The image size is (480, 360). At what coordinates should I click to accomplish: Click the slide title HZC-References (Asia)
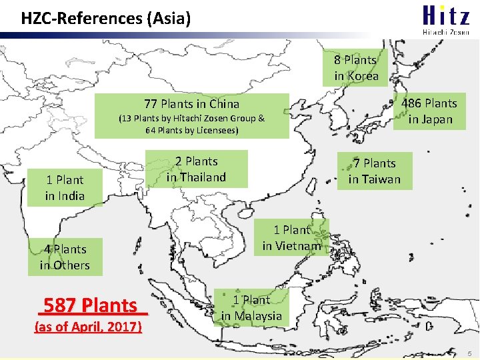point(106,18)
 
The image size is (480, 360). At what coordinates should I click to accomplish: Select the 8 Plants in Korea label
point(357,68)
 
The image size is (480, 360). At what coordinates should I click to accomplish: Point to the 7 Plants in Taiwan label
point(374,171)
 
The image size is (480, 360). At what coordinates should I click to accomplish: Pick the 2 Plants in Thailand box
point(197,169)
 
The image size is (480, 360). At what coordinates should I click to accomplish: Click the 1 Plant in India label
point(65,188)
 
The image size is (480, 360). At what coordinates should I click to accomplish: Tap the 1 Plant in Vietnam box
point(292,238)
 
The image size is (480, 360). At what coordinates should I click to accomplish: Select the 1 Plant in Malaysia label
point(252,308)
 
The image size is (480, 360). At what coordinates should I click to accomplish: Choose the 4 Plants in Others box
point(65,257)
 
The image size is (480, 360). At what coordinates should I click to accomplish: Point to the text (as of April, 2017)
point(87,327)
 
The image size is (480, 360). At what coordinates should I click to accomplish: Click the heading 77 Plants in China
point(191,103)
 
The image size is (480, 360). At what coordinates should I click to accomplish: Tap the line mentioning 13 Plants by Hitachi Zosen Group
point(191,119)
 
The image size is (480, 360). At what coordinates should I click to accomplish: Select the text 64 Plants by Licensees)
point(191,130)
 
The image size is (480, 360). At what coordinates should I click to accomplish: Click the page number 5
point(469,352)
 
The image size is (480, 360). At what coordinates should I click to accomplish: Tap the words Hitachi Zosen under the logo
point(445,31)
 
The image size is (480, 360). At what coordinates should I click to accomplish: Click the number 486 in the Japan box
point(413,103)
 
